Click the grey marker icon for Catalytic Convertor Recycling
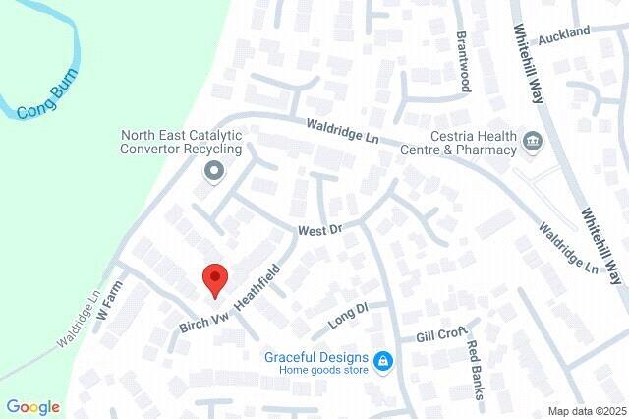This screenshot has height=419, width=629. tap(214, 172)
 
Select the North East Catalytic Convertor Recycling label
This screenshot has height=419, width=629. tap(180, 142)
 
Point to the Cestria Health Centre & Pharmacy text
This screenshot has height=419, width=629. tap(459, 143)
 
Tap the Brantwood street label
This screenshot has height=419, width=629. tap(462, 60)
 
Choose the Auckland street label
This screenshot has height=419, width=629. tap(564, 33)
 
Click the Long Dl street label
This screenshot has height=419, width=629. tap(348, 316)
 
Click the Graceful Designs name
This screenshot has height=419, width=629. tap(316, 357)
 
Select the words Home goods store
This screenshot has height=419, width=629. tap(322, 371)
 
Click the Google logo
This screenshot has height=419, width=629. tap(32, 407)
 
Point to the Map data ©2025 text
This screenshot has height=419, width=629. tap(587, 411)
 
